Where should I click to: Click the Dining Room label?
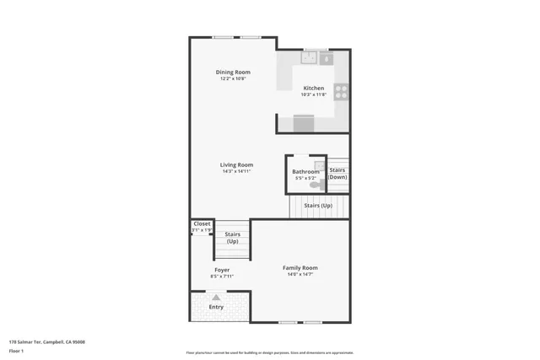coord(233,72)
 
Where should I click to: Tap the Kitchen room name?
coord(314,88)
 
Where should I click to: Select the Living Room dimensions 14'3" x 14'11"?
coord(237,171)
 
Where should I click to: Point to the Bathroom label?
coord(305,171)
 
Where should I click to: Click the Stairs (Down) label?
coord(337,174)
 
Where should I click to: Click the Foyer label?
coord(221,270)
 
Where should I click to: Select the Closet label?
coord(202,223)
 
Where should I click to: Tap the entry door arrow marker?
coord(217,297)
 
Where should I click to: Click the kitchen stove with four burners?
coord(341,92)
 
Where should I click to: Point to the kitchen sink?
coord(310,58)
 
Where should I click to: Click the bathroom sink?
coord(319,166)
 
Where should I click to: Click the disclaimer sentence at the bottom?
coord(270,352)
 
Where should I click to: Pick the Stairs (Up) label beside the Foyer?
coord(232,238)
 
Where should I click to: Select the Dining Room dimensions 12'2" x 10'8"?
coord(233,78)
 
